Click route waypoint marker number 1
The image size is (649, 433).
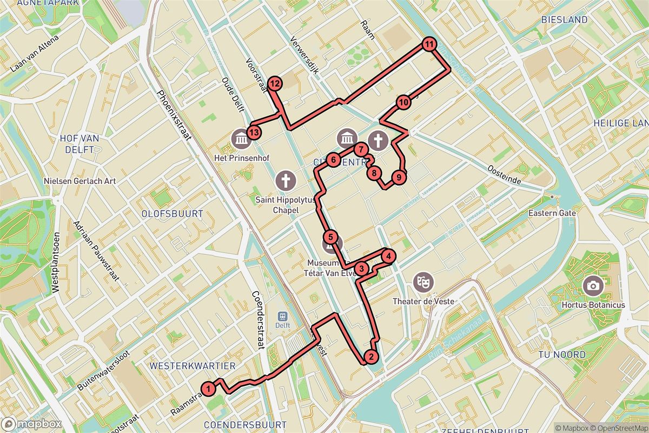(208, 388)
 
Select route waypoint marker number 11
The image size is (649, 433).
(429, 45)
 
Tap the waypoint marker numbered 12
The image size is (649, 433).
(275, 83)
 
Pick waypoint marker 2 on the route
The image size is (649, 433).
(370, 357)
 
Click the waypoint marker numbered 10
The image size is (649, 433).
(403, 102)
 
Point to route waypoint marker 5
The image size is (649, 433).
(331, 237)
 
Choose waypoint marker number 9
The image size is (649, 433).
(398, 177)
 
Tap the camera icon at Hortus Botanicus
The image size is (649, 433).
(593, 285)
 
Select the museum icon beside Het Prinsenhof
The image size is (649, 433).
(240, 140)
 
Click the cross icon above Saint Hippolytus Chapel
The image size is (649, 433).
(286, 179)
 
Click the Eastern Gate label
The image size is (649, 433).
(553, 213)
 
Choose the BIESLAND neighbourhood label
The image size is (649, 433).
(564, 19)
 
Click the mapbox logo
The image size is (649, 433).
(31, 424)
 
